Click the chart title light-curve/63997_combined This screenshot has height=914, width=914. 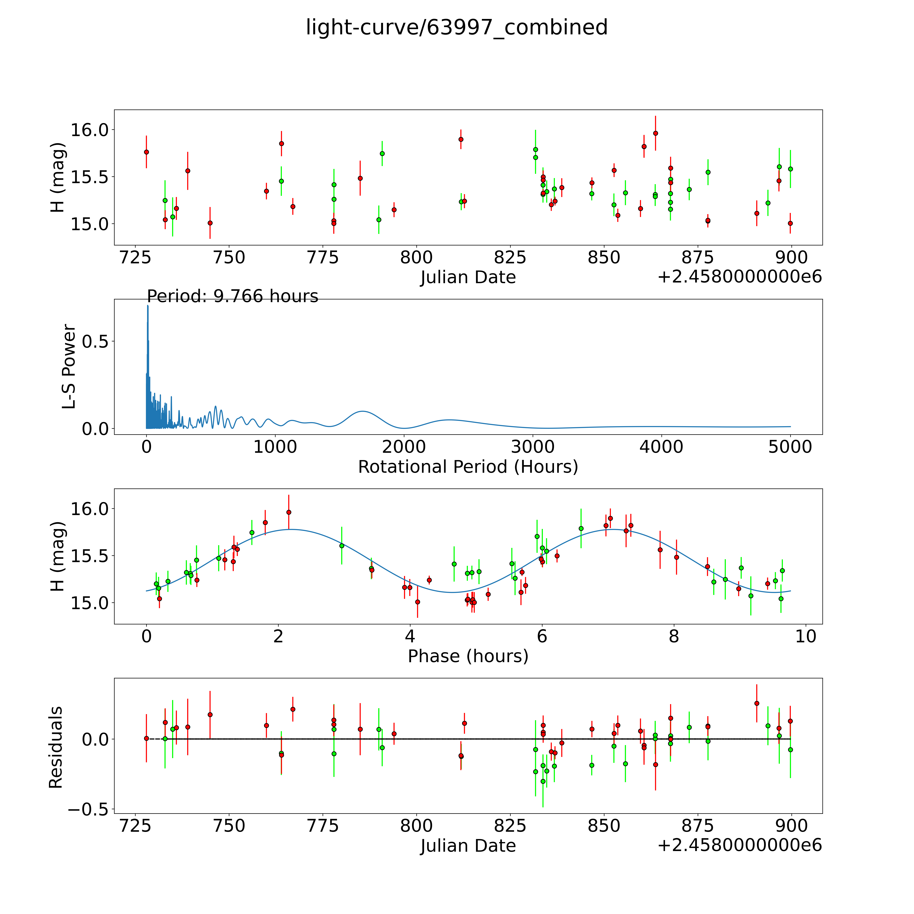click(x=456, y=27)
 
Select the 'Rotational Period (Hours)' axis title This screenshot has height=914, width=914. click(x=468, y=467)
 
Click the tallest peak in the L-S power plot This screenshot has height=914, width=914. click(x=148, y=306)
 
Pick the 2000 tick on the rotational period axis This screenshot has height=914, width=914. click(x=404, y=447)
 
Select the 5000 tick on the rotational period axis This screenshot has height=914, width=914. click(x=790, y=447)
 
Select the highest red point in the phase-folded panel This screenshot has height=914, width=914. click(x=289, y=512)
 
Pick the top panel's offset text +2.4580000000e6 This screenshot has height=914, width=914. click(x=739, y=277)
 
